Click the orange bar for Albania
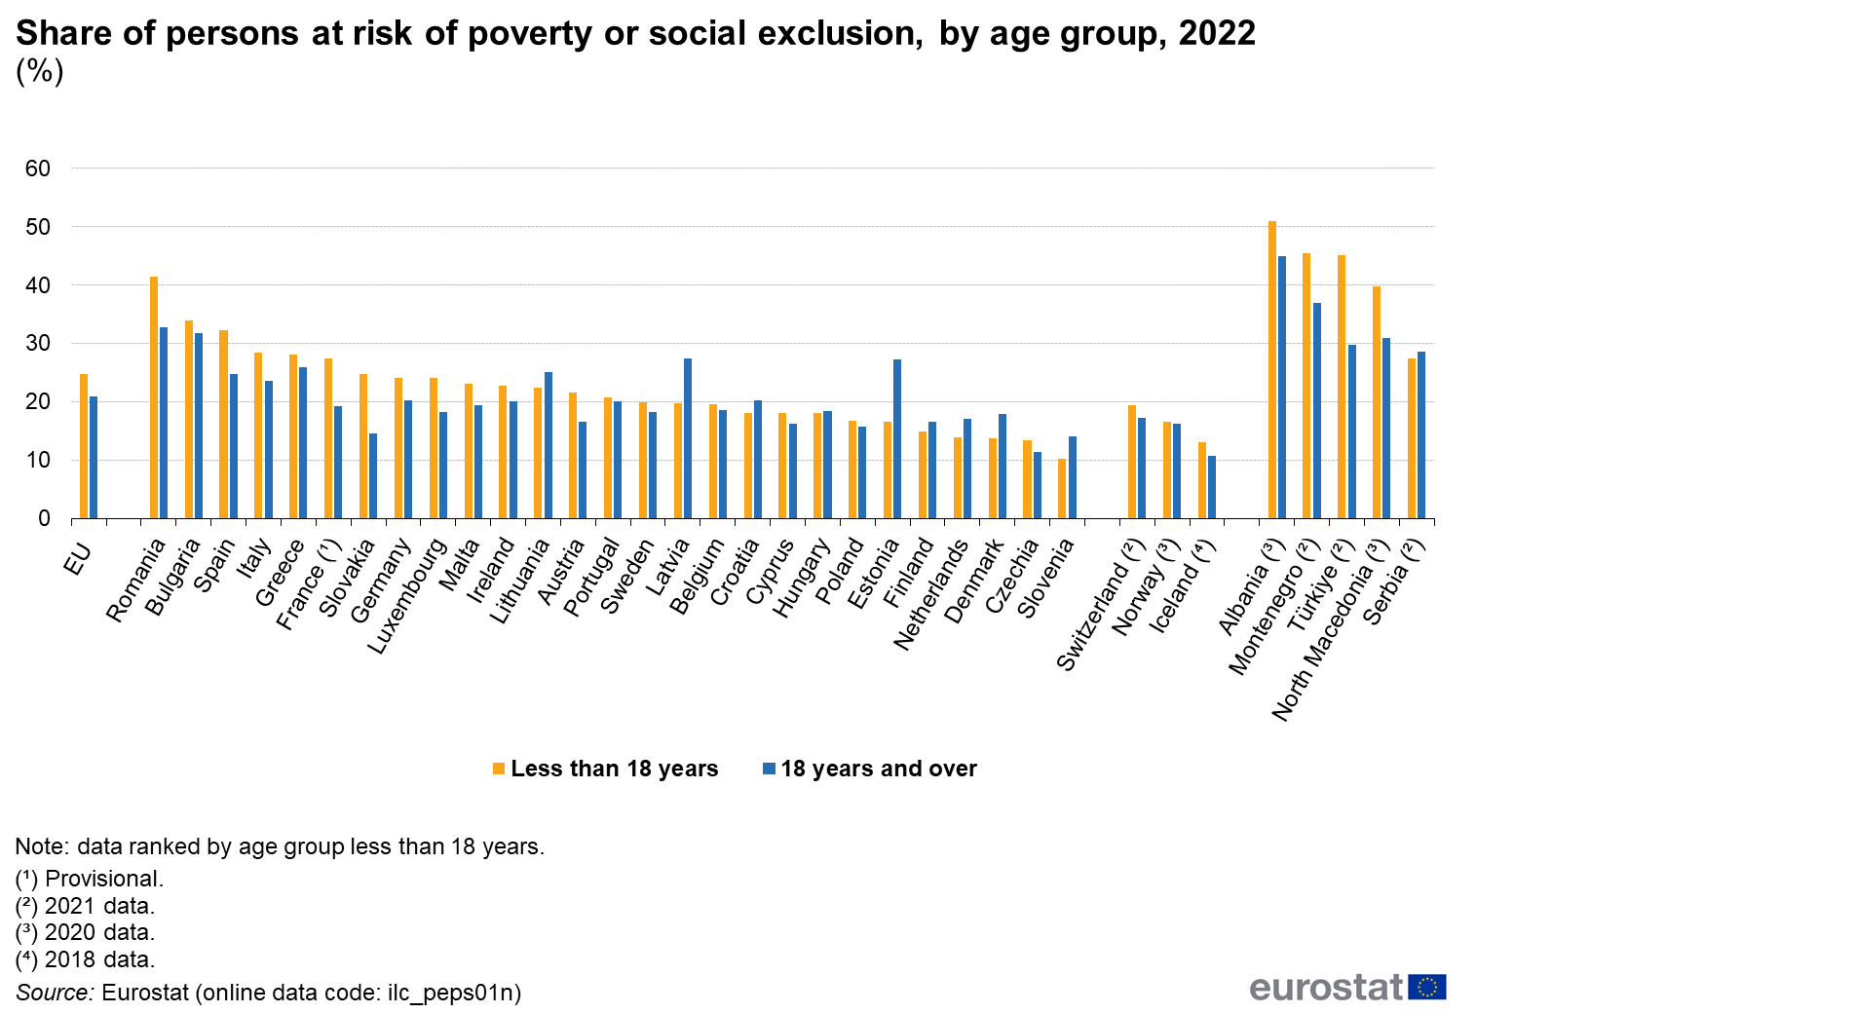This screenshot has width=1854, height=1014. coord(1271,370)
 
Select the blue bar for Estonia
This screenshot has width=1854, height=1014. coord(897,439)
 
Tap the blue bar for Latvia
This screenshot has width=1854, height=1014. coord(688,438)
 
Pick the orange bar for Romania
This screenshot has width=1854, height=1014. coord(154,397)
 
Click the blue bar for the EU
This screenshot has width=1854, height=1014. coord(94,458)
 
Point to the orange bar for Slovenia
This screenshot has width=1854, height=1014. coord(1062,489)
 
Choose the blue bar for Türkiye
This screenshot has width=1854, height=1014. coord(1352,432)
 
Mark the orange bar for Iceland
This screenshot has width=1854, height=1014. coord(1202,480)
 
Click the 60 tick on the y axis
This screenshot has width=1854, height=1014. coord(38,169)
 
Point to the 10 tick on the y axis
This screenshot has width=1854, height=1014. coord(38,461)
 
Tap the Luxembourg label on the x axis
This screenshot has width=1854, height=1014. coord(408,596)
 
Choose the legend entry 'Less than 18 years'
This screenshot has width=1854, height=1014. coord(614,769)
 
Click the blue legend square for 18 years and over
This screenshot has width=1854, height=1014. coord(770,769)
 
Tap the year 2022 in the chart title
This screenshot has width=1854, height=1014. coord(1217,34)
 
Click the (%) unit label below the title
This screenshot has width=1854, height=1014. coord(40,71)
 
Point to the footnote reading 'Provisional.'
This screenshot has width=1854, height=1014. coord(103,879)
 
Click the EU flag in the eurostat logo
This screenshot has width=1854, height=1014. coord(1427,987)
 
